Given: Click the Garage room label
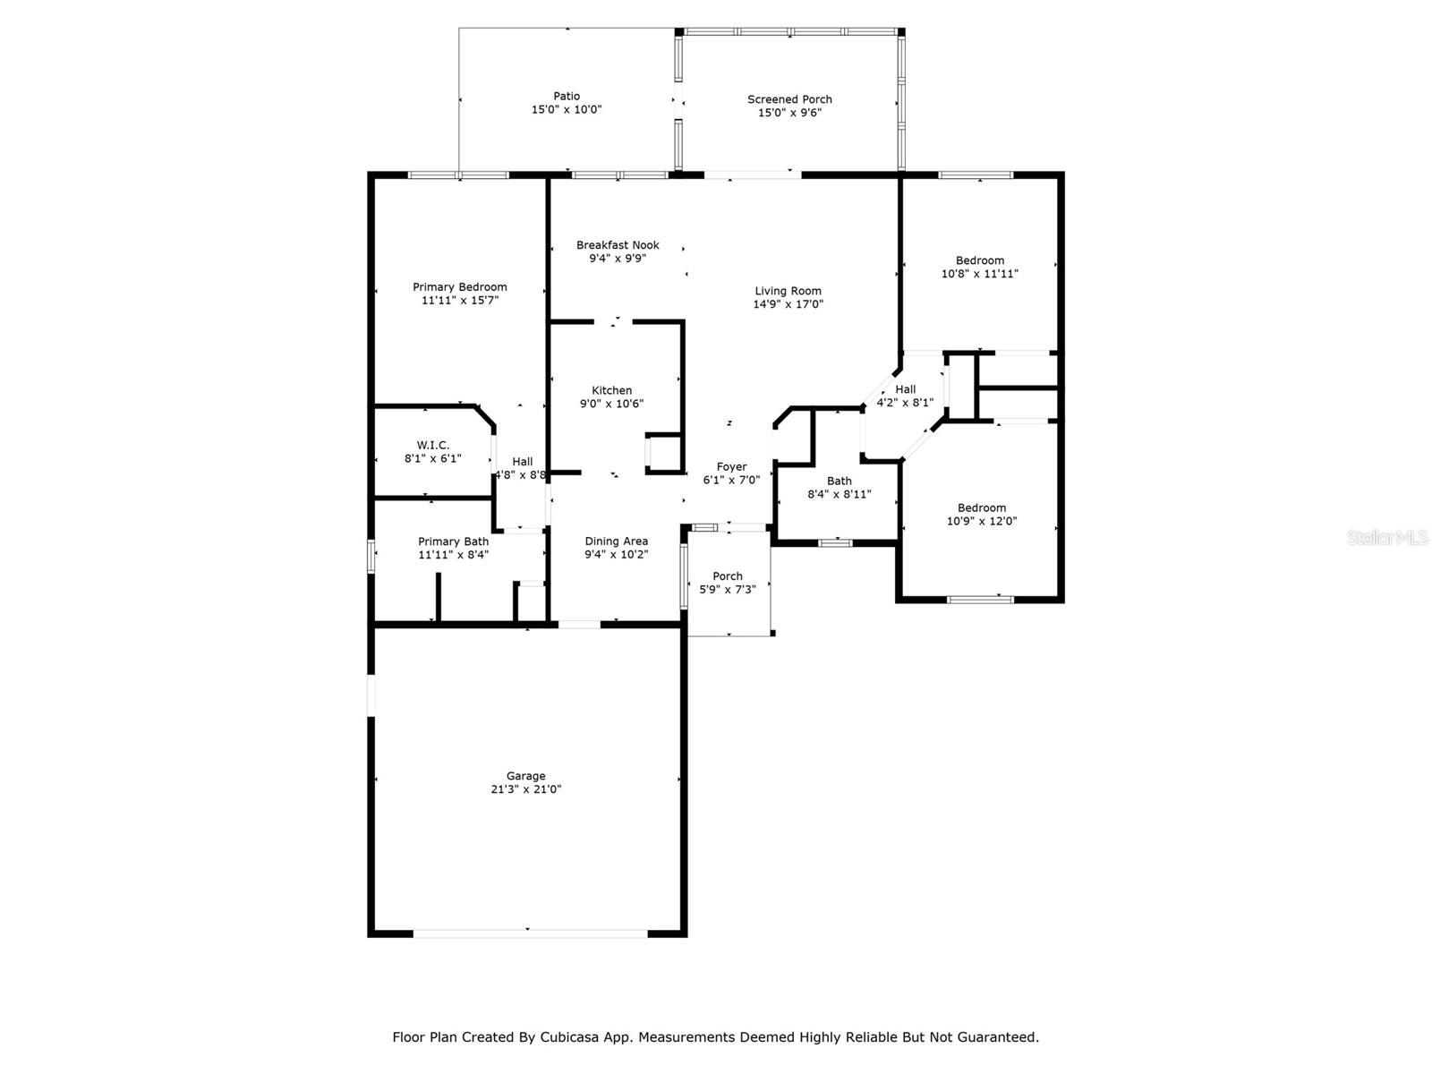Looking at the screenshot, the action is (x=525, y=775).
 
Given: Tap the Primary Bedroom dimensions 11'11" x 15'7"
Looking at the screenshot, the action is (x=460, y=300).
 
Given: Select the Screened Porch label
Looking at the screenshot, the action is (x=789, y=99).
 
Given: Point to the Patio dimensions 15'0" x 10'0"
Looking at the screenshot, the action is (x=567, y=109).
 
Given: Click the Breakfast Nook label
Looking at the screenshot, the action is (x=618, y=245).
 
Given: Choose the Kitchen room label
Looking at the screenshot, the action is (x=611, y=390).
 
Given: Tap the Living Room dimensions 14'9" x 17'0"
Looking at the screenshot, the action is (x=788, y=304).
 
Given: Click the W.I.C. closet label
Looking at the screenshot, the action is (x=433, y=446).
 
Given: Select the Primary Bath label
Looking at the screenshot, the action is (x=454, y=541).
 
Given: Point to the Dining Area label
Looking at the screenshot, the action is (x=617, y=541).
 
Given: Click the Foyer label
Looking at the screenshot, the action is (x=731, y=467).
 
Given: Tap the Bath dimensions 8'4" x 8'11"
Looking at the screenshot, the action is (x=839, y=494).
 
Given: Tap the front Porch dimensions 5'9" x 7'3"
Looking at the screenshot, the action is (x=728, y=590).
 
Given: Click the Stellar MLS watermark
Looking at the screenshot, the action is (x=1387, y=537).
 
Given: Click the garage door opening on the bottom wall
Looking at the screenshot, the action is (x=531, y=933).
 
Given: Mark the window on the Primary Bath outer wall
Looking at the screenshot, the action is (x=371, y=557).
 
